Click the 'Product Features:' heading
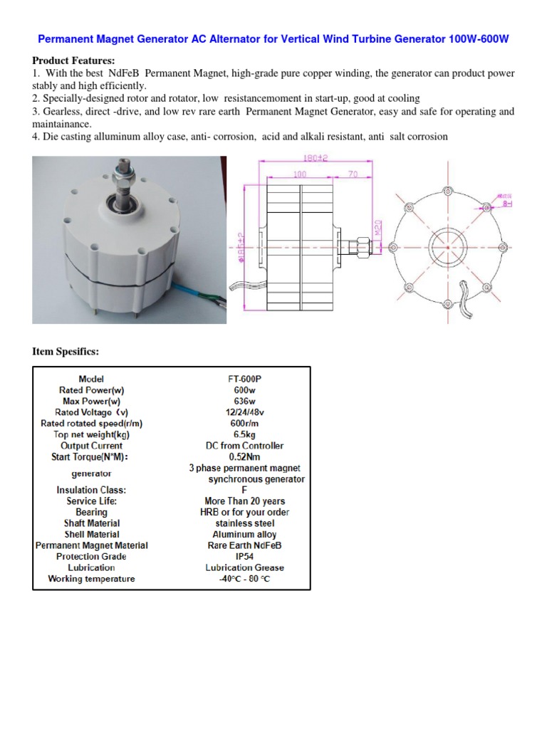[x=73, y=61]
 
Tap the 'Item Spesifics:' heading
[x=66, y=352]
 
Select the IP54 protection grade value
[x=244, y=556]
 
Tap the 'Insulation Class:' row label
[x=91, y=490]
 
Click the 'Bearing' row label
[x=91, y=512]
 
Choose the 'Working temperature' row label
[x=91, y=579]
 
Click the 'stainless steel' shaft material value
[x=244, y=523]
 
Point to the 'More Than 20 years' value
[x=244, y=501]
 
